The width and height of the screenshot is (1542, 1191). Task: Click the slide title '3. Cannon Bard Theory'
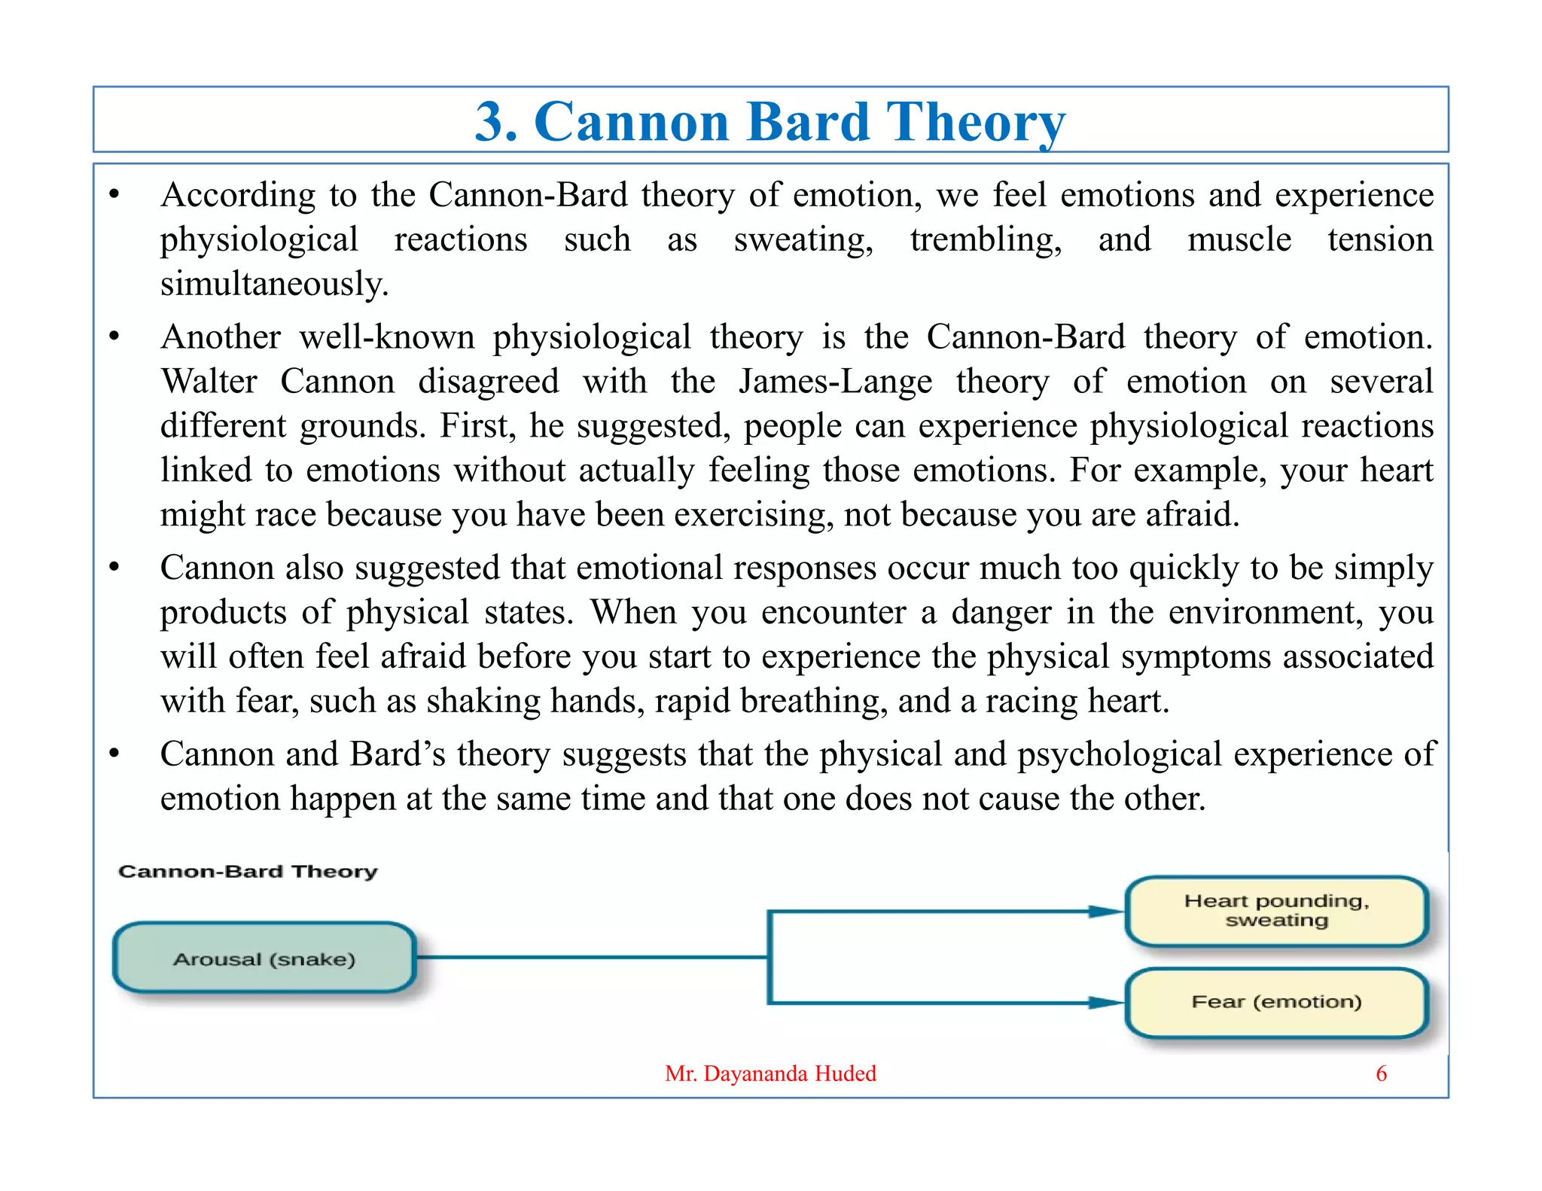[769, 121]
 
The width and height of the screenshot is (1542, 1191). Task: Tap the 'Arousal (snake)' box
[264, 958]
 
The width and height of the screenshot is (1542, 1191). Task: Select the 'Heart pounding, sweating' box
[1276, 911]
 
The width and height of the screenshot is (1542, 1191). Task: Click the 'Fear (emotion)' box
[1276, 1002]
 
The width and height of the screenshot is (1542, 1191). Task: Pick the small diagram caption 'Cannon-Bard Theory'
[248, 872]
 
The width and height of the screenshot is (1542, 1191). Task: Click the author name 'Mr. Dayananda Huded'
[770, 1074]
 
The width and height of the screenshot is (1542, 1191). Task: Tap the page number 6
[1381, 1074]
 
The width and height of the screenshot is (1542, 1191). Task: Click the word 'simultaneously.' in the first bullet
[274, 285]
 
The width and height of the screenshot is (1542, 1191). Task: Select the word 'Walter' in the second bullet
[209, 382]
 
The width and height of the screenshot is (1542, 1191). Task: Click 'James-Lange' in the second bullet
[835, 382]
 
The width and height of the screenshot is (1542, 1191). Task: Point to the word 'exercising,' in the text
[754, 515]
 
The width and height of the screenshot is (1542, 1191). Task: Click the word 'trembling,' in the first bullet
[986, 240]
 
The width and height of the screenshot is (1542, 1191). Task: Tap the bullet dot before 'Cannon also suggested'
[114, 567]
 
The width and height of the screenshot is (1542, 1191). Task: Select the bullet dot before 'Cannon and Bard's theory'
[114, 753]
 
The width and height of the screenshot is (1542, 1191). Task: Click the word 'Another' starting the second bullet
[221, 337]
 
